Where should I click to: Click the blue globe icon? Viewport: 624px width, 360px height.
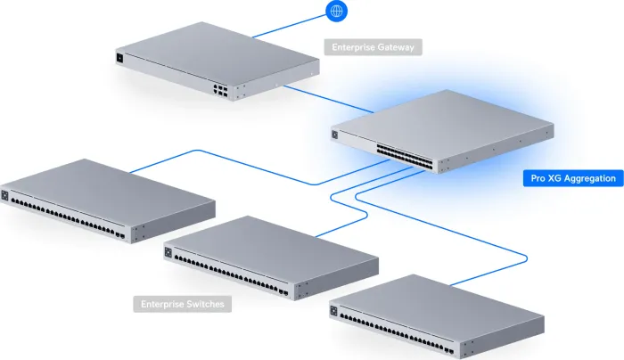pyautogui.click(x=337, y=12)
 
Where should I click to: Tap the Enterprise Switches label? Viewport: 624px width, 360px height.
pyautogui.click(x=183, y=304)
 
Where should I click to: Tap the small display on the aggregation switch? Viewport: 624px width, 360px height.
pyautogui.click(x=335, y=135)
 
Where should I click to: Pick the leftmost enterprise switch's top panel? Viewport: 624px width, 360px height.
pyautogui.click(x=111, y=183)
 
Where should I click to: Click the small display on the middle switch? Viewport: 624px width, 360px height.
pyautogui.click(x=168, y=253)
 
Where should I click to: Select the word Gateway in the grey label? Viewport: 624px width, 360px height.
pyautogui.click(x=397, y=47)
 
